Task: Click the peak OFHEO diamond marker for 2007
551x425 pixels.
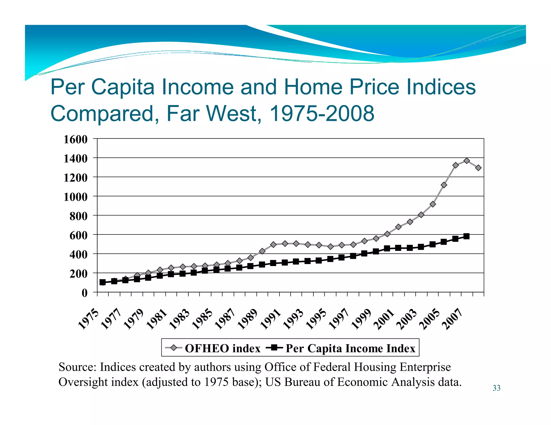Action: pos(467,161)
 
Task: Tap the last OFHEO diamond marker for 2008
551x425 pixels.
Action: pos(478,168)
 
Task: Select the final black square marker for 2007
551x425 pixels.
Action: pos(467,236)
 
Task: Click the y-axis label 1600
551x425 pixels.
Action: pos(76,139)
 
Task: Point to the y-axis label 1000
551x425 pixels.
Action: pos(76,197)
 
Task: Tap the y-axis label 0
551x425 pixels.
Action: pos(84,293)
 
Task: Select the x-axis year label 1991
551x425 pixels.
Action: pos(271,319)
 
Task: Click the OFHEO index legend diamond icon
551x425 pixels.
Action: pos(174,348)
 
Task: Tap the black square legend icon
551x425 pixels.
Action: pos(274,348)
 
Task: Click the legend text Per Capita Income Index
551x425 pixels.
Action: pos(350,348)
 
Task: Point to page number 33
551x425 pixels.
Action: pos(496,388)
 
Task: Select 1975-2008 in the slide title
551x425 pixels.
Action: pos(322,113)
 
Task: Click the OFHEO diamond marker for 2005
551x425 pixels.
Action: pos(444,185)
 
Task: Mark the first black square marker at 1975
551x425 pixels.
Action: pos(103,282)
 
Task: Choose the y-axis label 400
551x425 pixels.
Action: pos(78,254)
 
